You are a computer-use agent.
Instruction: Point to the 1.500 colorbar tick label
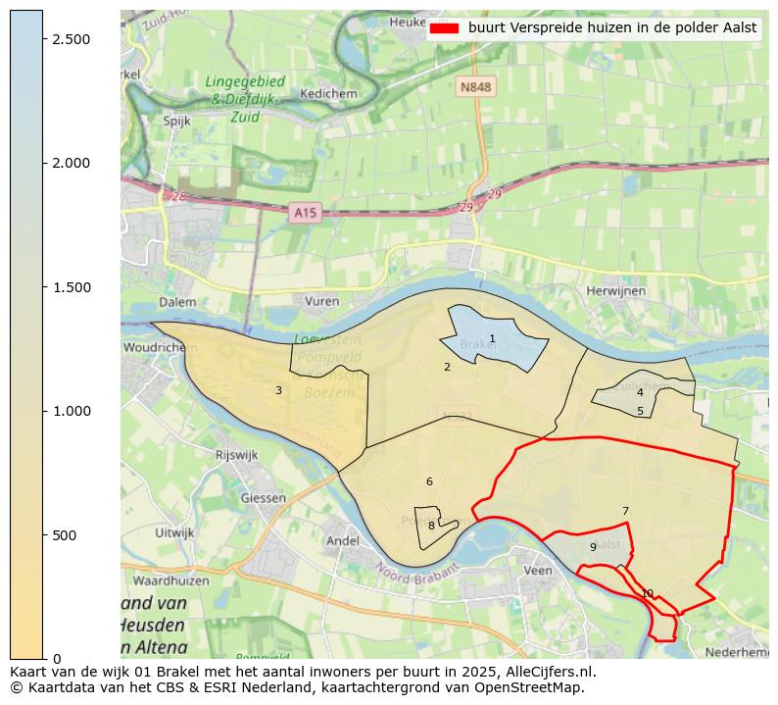71,287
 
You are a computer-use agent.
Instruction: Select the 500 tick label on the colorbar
65,535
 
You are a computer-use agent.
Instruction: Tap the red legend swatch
445,28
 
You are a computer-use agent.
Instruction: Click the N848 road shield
475,87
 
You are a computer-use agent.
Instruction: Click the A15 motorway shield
305,212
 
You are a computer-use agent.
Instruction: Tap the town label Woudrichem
154,348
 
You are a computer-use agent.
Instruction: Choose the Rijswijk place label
235,455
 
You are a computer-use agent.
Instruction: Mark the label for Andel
342,540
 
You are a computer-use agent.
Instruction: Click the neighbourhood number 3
278,391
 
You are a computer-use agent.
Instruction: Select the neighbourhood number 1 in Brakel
492,339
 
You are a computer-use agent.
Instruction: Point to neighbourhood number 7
625,511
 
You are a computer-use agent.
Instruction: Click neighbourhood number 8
431,526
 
